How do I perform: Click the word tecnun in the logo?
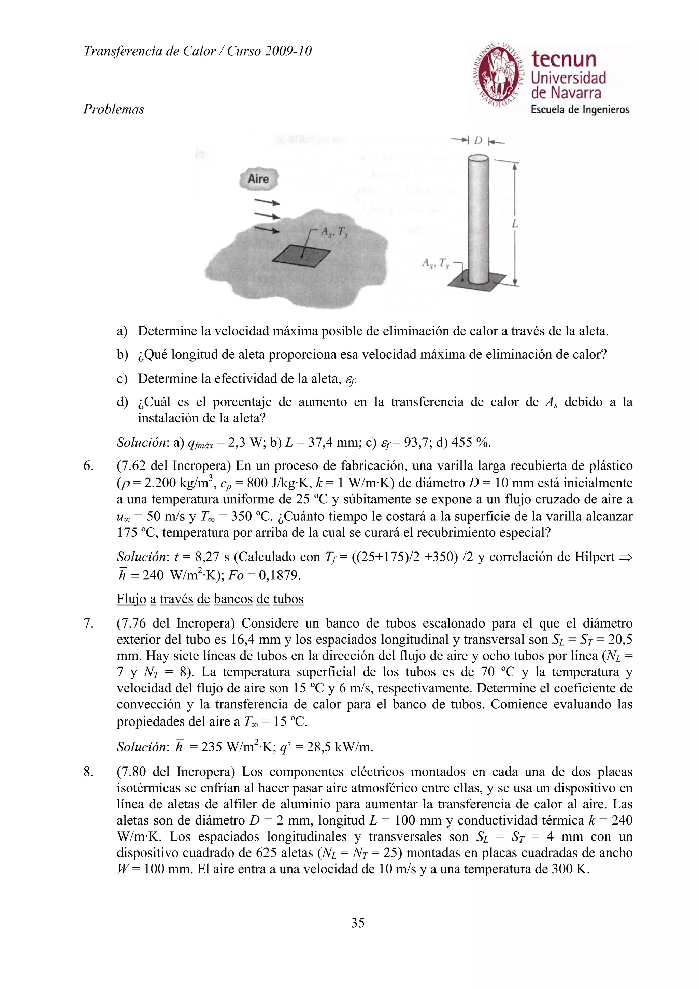click(x=564, y=59)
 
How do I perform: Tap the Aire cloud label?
click(x=258, y=179)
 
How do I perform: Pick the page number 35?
click(x=357, y=923)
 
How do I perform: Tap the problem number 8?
click(x=87, y=772)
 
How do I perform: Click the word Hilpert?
click(x=594, y=557)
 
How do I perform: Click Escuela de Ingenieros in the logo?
click(x=580, y=110)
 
